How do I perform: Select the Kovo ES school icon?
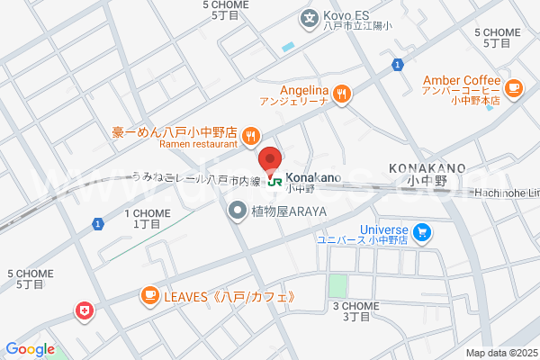coord(310,16)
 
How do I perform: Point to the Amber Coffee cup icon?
coord(513,87)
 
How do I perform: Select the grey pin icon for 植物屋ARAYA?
coord(238,211)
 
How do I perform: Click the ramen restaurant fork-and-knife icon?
coord(251,137)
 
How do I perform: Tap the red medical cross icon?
coord(85,310)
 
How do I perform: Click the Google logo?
coord(30,349)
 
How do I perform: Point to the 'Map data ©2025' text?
coord(500,353)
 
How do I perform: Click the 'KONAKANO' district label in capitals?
coord(427,167)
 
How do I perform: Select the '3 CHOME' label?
coord(356,306)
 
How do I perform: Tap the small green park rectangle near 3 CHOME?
coord(337,287)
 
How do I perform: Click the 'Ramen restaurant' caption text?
coord(198,144)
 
